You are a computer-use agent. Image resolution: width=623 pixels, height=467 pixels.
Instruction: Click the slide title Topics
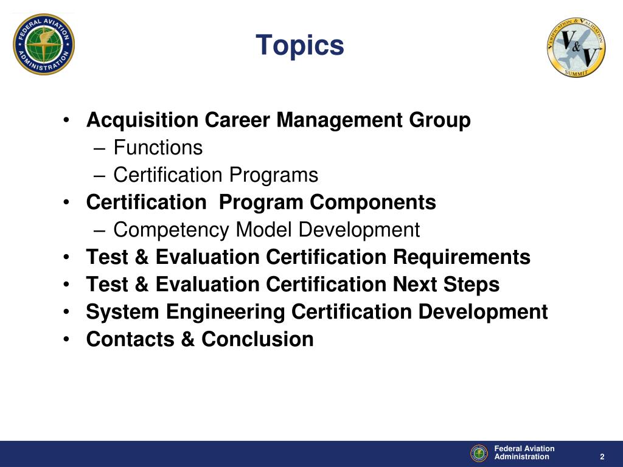[x=300, y=46]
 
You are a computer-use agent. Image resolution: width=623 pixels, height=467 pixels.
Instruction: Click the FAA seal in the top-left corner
[x=44, y=44]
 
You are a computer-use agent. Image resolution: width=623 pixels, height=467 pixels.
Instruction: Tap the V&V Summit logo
[x=576, y=47]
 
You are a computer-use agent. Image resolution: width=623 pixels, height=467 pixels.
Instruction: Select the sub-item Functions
[x=158, y=148]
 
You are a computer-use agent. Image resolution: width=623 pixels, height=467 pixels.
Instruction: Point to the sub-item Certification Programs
[x=215, y=175]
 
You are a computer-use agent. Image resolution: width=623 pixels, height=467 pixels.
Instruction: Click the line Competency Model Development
[x=266, y=230]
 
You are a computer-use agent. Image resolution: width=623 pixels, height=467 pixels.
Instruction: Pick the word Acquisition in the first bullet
[x=142, y=120]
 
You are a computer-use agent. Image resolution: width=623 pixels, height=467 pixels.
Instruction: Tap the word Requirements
[x=461, y=257]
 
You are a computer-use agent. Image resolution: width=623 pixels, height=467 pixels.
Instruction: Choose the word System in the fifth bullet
[x=124, y=312]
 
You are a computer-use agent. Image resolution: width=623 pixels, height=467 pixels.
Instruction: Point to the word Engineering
[x=226, y=312]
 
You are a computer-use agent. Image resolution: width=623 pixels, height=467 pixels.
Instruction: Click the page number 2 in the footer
[x=602, y=457]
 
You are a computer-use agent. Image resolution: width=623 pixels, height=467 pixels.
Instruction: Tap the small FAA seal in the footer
[x=479, y=453]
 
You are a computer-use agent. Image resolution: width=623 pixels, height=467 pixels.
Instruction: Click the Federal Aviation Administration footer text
[x=524, y=453]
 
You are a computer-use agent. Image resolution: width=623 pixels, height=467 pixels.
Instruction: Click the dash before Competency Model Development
[x=100, y=230]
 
